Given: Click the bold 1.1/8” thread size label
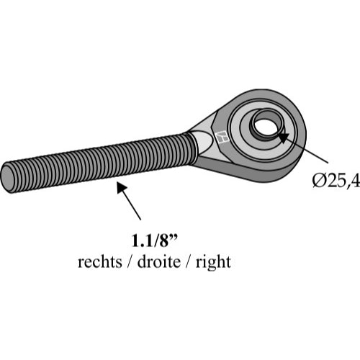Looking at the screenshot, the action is (155, 240).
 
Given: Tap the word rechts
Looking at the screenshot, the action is (100, 261).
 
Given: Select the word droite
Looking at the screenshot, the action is (159, 261).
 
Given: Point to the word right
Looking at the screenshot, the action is (213, 263).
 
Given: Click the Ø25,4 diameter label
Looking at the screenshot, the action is (336, 181).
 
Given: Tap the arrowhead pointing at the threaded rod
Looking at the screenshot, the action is (122, 187).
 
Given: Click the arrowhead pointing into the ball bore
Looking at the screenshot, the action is (282, 136).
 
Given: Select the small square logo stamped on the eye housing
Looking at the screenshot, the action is (222, 138).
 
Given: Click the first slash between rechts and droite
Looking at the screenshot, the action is (130, 261).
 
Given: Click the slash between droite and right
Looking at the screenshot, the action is (189, 261).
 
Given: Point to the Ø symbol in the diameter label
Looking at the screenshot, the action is (319, 181).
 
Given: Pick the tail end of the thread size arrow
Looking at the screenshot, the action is (140, 220).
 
